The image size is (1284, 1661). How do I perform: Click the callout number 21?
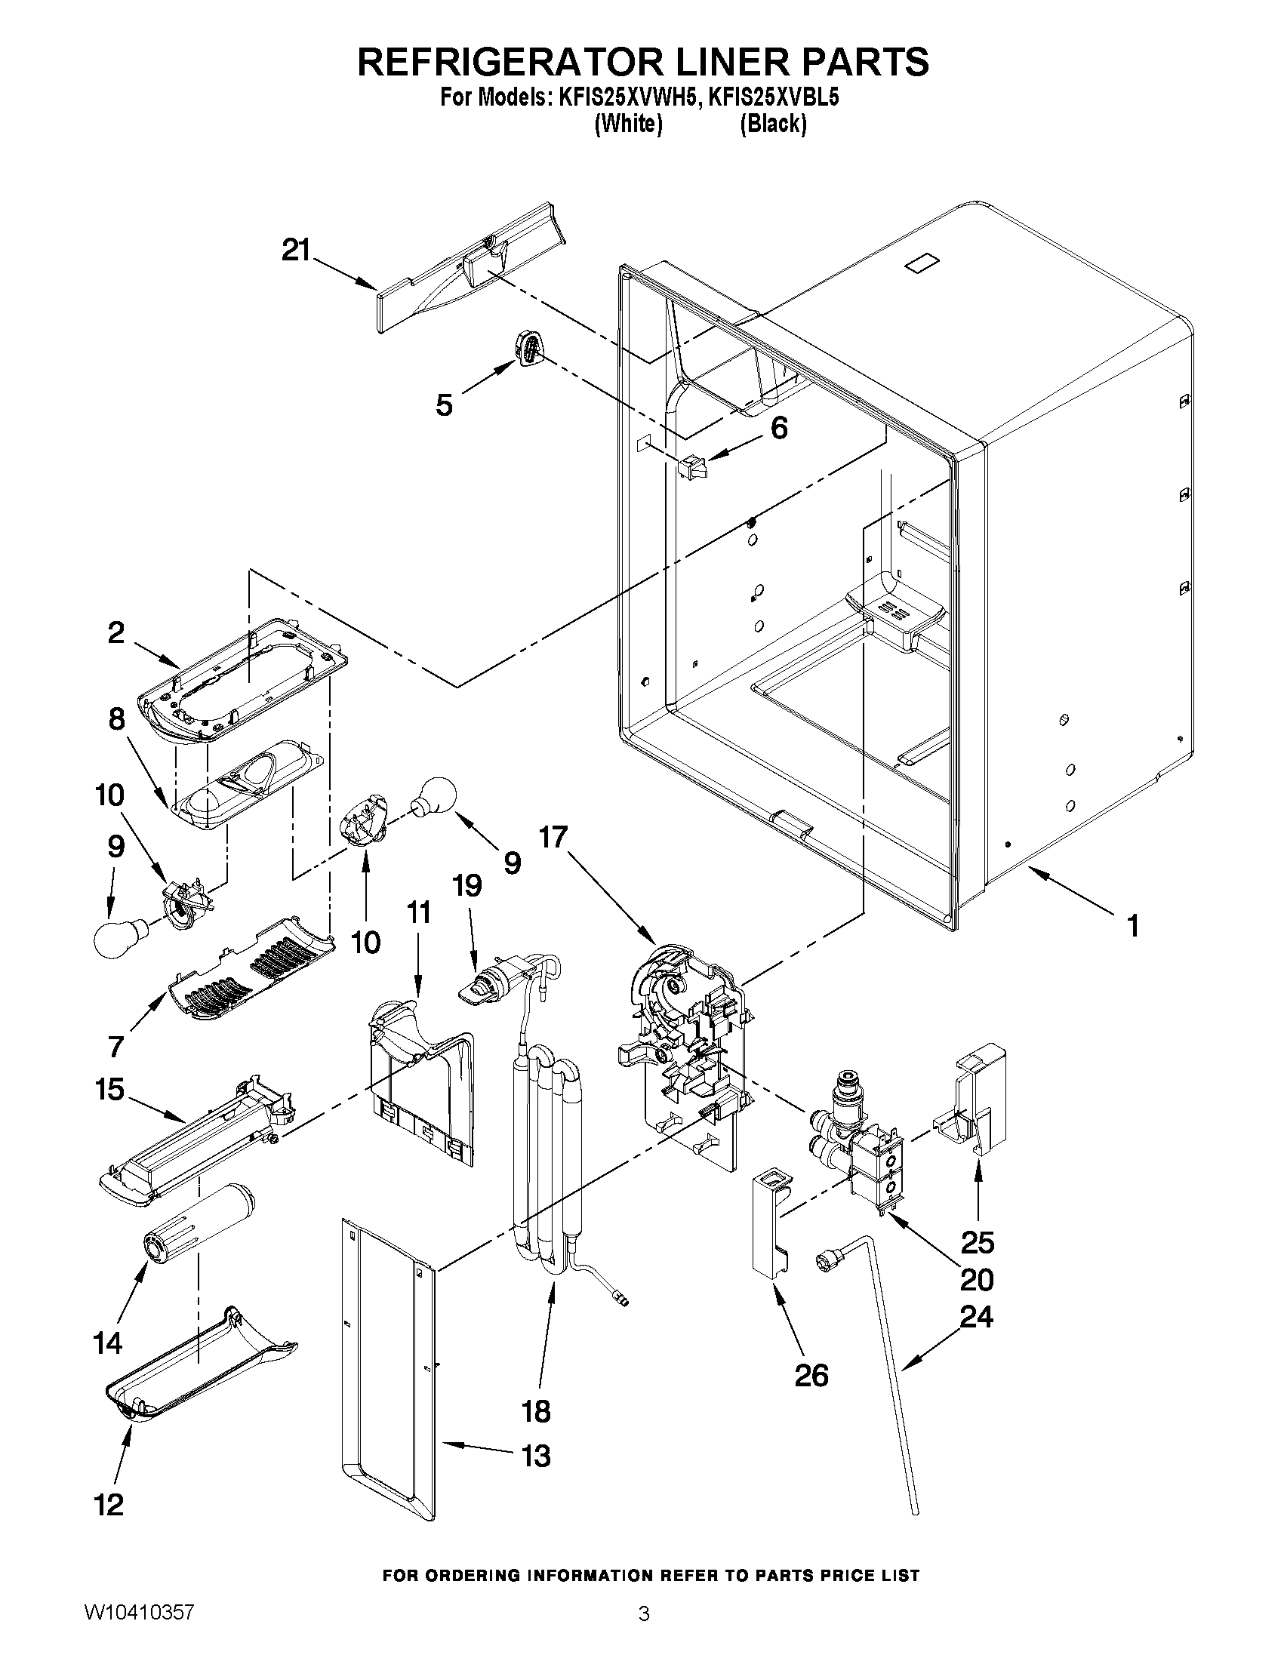[x=296, y=251]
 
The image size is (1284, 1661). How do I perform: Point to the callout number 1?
[x=1132, y=925]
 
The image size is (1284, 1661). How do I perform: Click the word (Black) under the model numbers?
[x=773, y=124]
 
